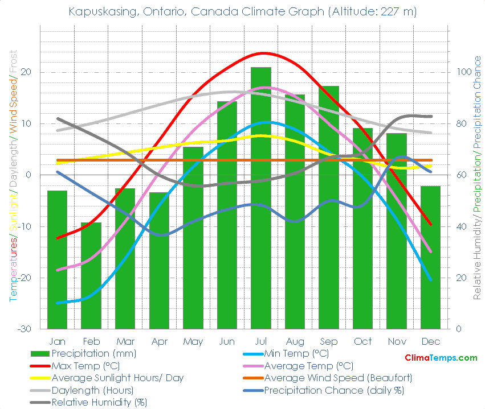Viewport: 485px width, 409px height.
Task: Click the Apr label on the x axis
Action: click(x=159, y=341)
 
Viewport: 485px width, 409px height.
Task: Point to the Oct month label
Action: click(x=362, y=341)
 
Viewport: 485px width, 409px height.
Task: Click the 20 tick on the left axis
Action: click(x=26, y=72)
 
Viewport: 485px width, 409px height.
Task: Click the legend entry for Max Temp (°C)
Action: click(x=85, y=366)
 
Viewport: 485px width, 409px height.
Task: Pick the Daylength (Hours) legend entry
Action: click(x=92, y=390)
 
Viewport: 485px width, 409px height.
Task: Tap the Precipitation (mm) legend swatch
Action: click(x=40, y=353)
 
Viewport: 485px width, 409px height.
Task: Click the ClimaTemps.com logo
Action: click(x=441, y=358)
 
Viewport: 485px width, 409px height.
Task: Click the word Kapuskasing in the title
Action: click(x=99, y=11)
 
